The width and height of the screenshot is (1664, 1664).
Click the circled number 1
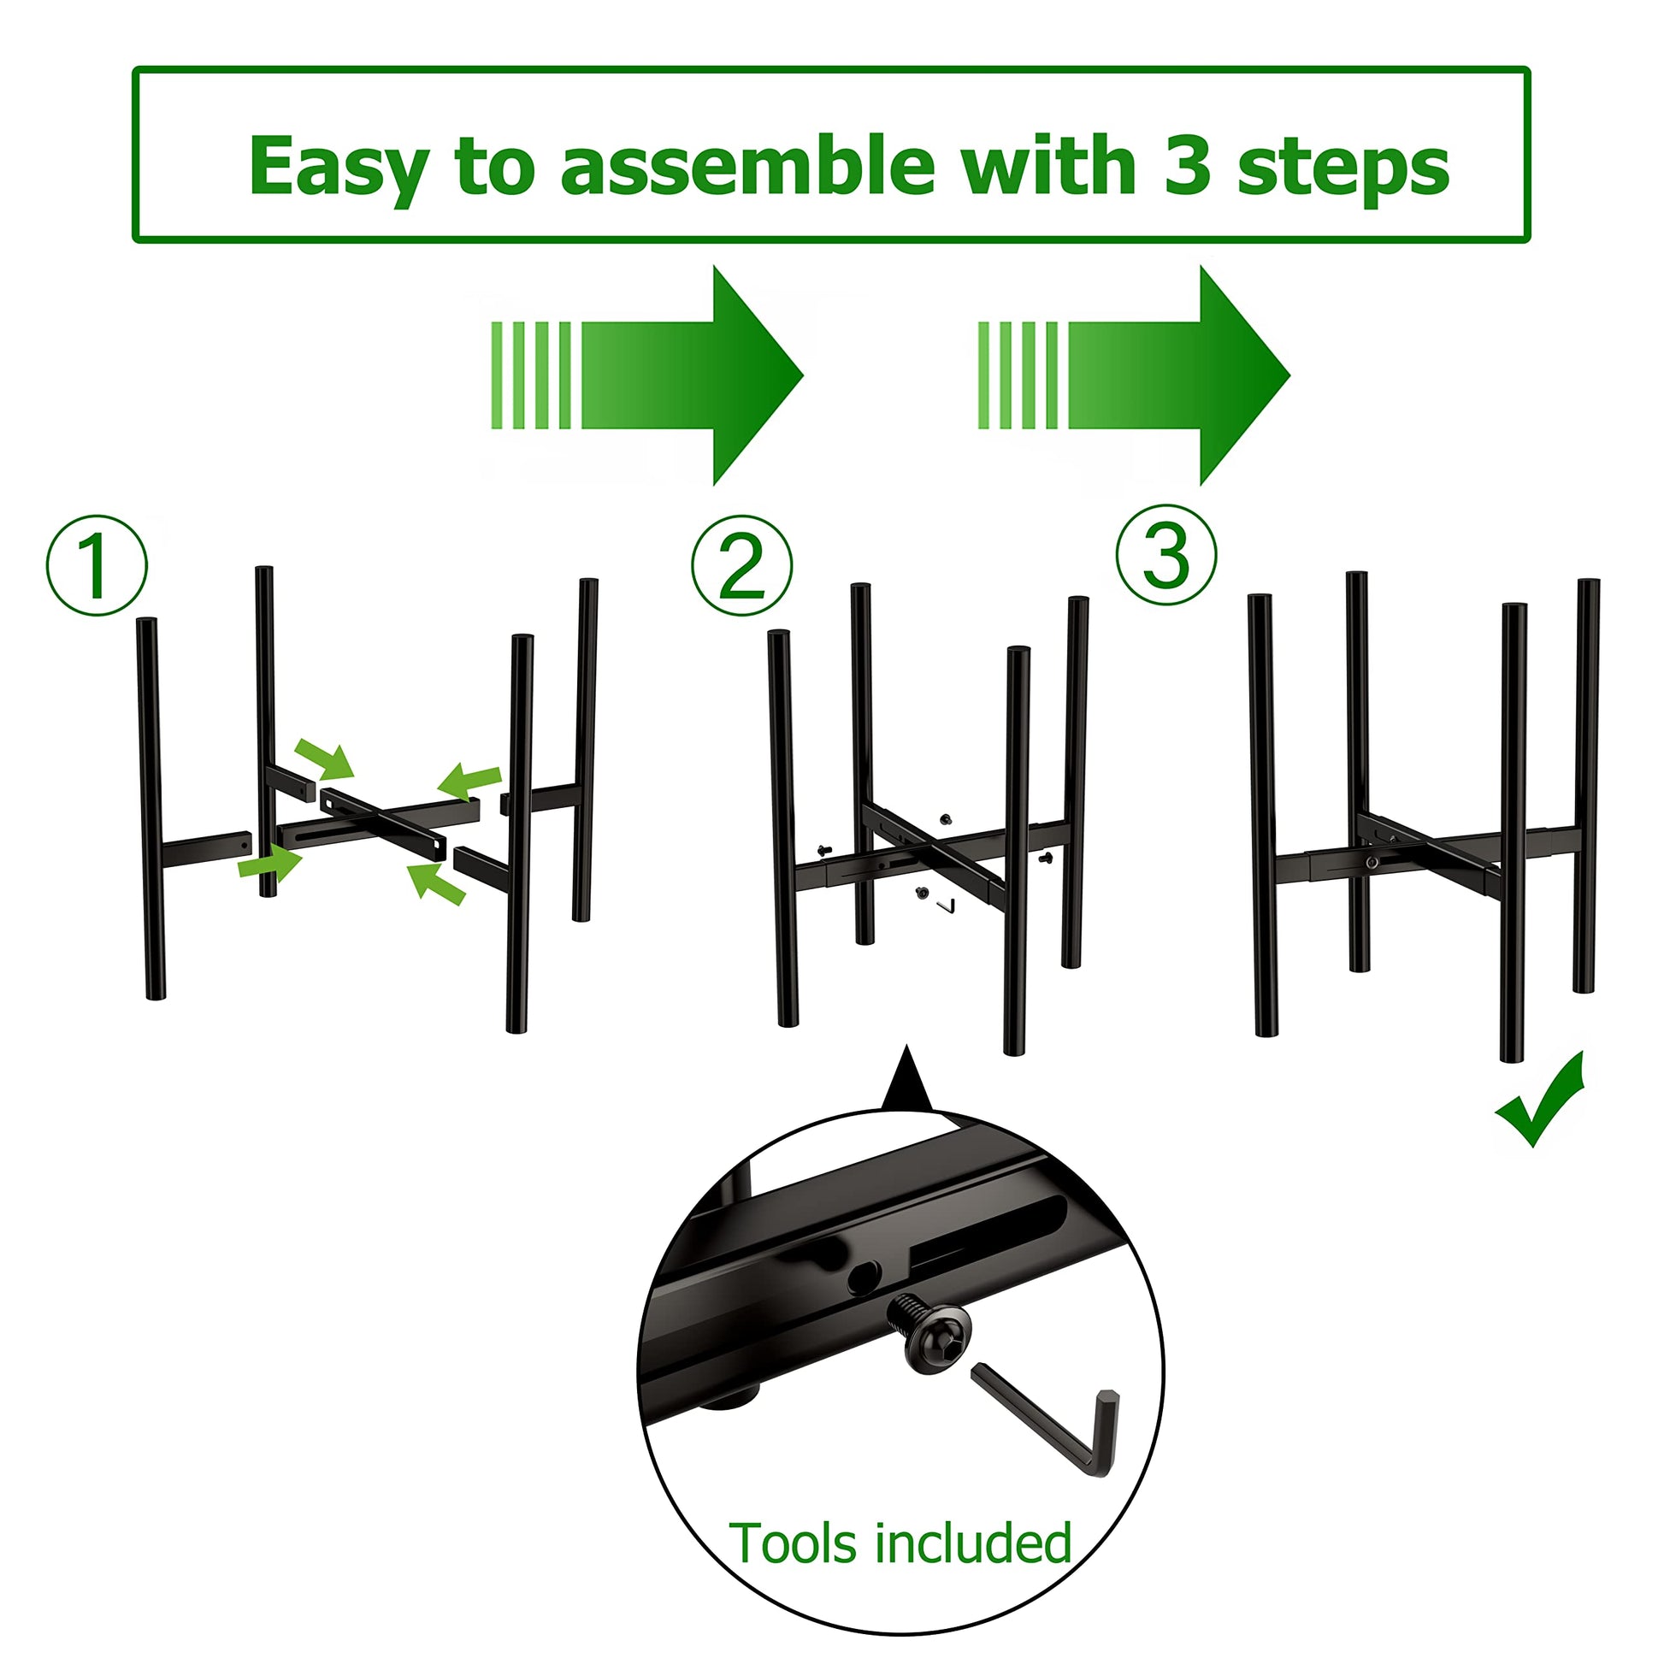click(x=97, y=566)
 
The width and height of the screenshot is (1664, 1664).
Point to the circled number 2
click(x=741, y=566)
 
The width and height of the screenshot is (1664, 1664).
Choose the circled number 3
click(x=1166, y=554)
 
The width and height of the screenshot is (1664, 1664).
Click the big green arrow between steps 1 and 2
click(x=646, y=375)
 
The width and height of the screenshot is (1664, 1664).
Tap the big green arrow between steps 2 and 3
click(x=1134, y=375)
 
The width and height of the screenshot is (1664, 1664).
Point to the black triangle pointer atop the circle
click(x=906, y=1078)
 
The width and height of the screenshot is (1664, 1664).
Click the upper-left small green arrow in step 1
click(x=325, y=758)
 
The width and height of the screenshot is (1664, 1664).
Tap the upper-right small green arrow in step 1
click(x=469, y=781)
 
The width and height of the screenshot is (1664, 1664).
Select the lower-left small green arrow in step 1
click(x=269, y=863)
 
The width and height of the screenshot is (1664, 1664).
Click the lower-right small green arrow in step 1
click(x=436, y=884)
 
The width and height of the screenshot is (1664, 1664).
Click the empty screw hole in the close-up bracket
click(x=864, y=1279)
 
